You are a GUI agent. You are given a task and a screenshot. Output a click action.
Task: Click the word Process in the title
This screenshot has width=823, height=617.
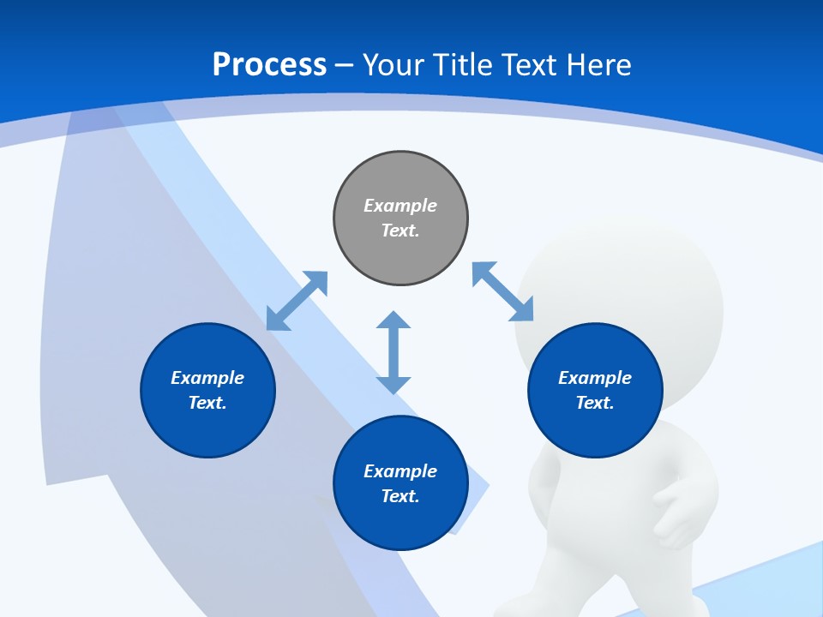point(269,65)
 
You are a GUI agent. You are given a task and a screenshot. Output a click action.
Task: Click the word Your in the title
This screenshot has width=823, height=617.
point(395,65)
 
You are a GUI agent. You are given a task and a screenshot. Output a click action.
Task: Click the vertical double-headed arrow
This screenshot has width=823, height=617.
point(393,352)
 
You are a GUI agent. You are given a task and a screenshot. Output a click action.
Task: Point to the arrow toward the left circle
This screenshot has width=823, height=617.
point(297,301)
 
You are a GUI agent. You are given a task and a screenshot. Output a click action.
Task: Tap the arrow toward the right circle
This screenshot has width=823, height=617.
point(503,291)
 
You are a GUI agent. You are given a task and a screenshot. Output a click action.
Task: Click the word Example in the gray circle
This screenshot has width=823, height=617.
point(400,206)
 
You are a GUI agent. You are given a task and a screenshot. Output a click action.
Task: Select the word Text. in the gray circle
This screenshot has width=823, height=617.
point(400,231)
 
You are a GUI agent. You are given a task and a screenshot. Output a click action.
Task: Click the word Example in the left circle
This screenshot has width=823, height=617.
point(207,378)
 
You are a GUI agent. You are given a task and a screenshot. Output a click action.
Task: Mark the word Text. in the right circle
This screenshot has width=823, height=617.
point(595,403)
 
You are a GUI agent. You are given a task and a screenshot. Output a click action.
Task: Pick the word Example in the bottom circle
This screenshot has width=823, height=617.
point(400,471)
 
